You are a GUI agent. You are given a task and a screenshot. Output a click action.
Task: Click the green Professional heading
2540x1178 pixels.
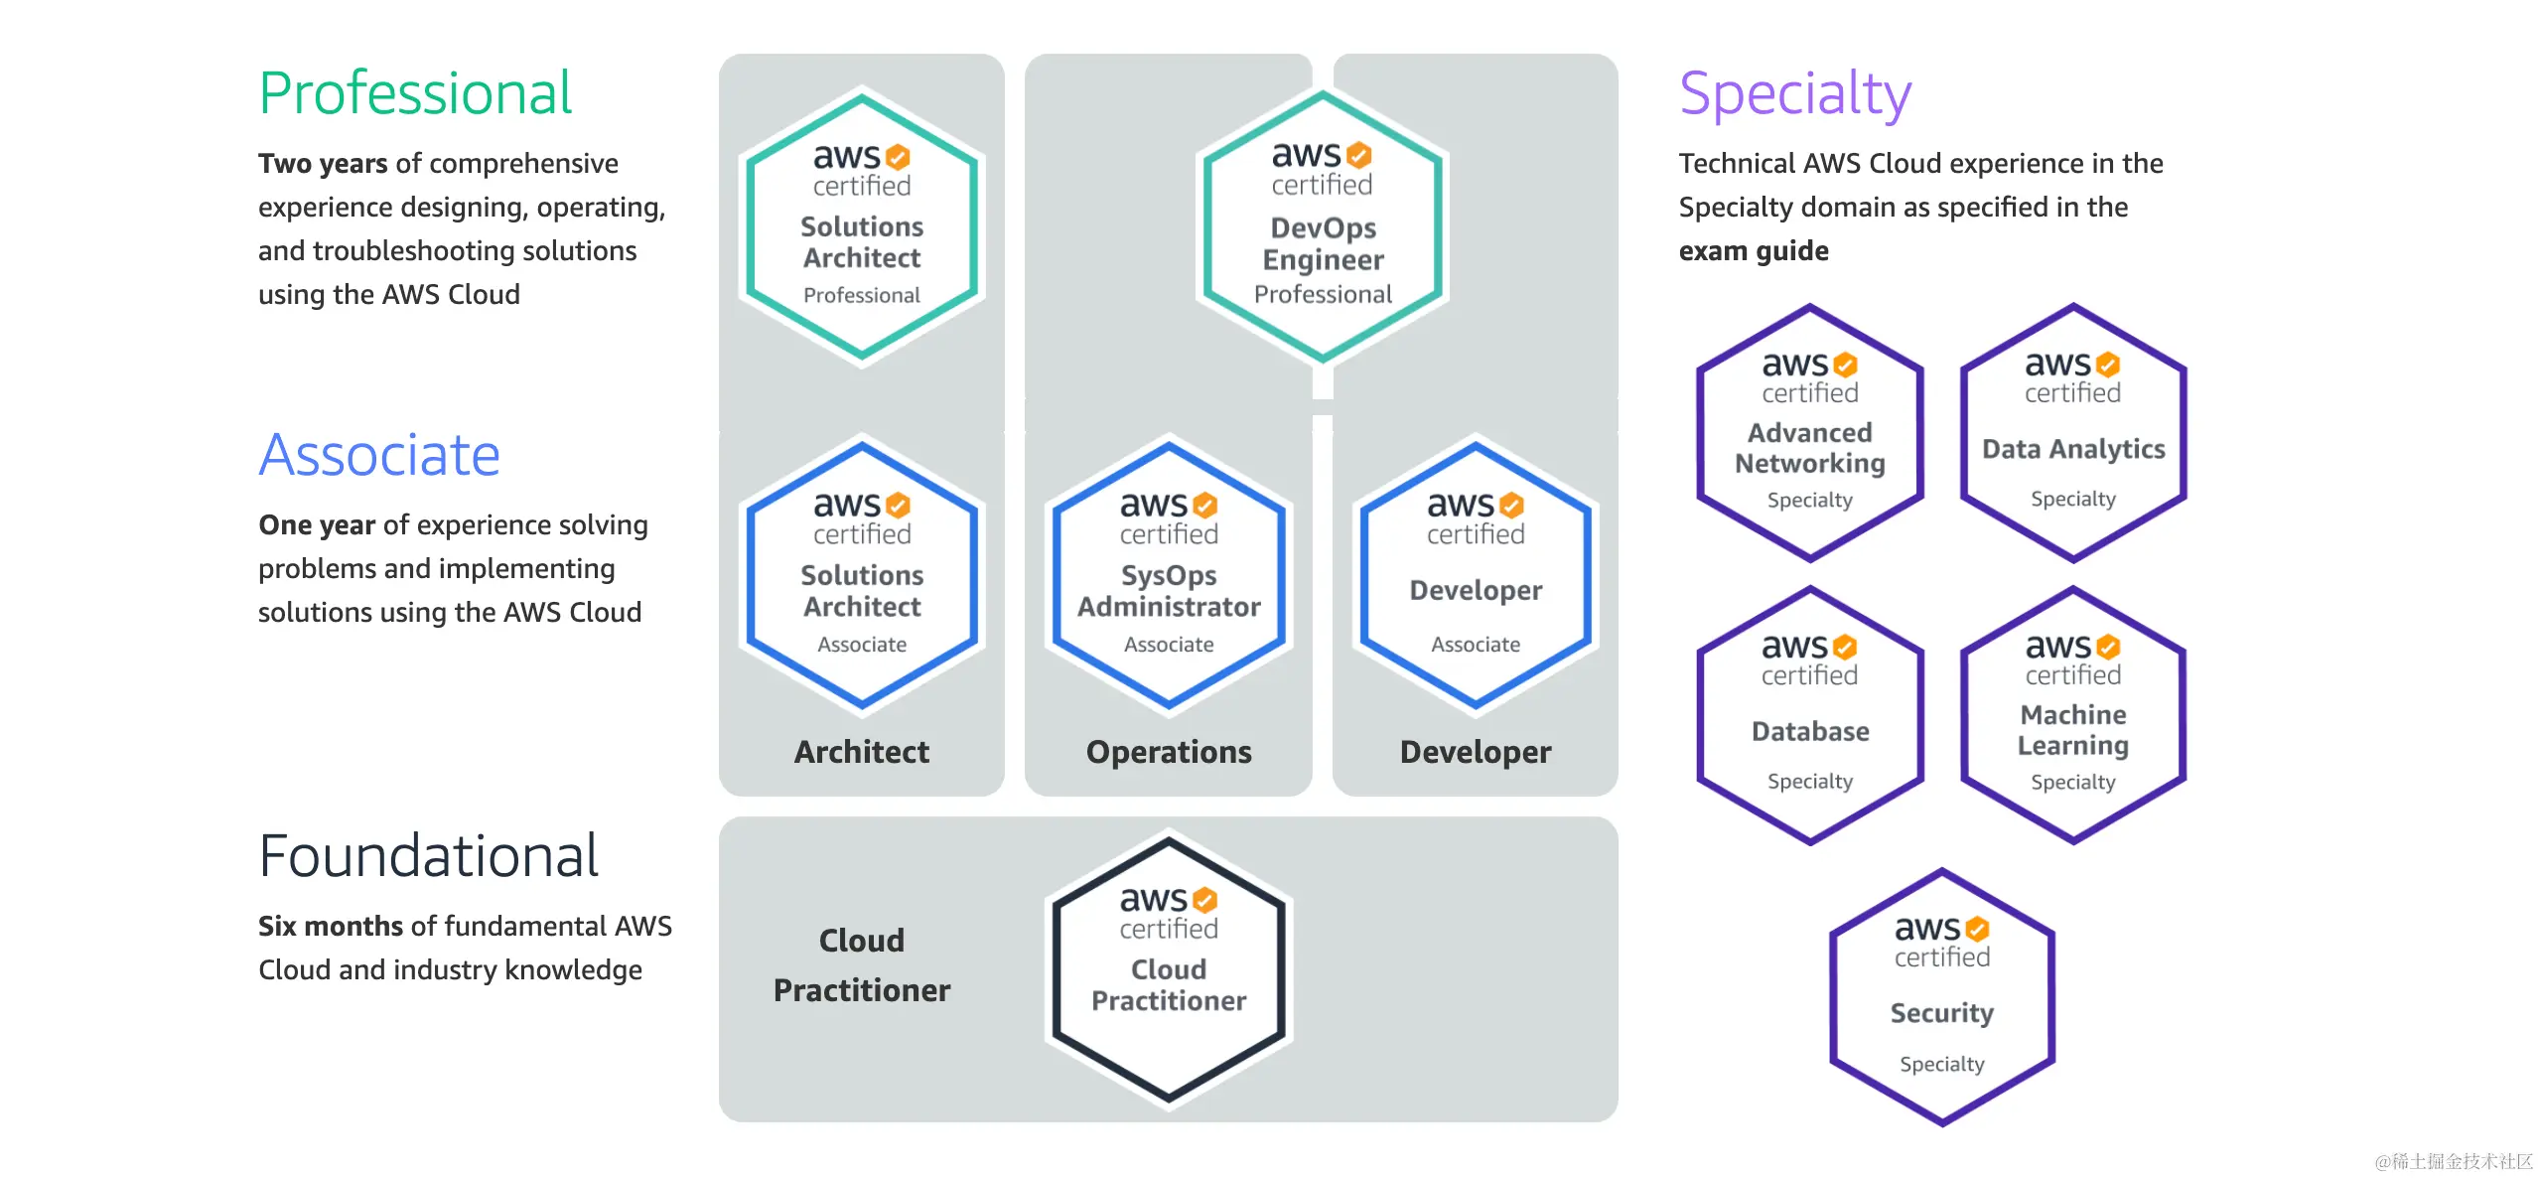pyautogui.click(x=415, y=93)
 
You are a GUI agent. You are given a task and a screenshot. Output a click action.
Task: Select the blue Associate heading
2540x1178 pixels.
pyautogui.click(x=379, y=455)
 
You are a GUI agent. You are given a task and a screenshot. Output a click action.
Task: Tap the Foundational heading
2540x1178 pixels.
pyautogui.click(x=428, y=855)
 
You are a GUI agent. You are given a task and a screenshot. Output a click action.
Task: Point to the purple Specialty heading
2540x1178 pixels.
pyautogui.click(x=1794, y=93)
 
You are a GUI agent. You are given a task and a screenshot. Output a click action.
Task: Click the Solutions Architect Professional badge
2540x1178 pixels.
pyautogui.click(x=862, y=226)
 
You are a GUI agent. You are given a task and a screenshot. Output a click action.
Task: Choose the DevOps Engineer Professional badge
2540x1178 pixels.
pyautogui.click(x=1323, y=226)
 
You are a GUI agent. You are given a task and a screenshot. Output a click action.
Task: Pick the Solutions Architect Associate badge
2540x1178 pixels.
pyautogui.click(x=862, y=575)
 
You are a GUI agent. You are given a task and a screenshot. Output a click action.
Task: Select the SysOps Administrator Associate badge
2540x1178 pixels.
pyautogui.click(x=1169, y=575)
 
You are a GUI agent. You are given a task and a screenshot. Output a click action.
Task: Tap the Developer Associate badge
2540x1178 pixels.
pyautogui.click(x=1476, y=575)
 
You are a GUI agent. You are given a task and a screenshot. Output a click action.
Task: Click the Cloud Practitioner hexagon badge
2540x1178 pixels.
pyautogui.click(x=1169, y=969)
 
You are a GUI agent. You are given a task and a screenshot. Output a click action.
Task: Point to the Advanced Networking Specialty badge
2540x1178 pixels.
pyautogui.click(x=1810, y=433)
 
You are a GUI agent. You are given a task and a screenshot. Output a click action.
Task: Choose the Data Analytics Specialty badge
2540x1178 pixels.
pyautogui.click(x=2073, y=433)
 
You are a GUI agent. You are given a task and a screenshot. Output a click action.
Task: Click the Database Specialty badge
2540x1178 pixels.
pyautogui.click(x=1810, y=715)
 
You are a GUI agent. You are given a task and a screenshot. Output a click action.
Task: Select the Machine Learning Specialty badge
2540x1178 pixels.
pyautogui.click(x=2073, y=715)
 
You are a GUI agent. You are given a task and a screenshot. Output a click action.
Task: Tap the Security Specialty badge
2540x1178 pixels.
pyautogui.click(x=1941, y=997)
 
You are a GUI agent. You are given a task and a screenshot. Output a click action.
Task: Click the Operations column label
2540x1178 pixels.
pyautogui.click(x=1169, y=752)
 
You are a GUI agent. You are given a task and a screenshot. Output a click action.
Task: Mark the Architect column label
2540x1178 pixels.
pyautogui.click(x=862, y=752)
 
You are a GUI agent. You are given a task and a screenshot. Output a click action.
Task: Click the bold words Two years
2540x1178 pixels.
pyautogui.click(x=323, y=163)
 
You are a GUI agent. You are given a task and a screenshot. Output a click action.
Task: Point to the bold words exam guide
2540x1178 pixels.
pyautogui.click(x=1754, y=250)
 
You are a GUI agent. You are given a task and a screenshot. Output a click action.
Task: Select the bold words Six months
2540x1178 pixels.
pyautogui.click(x=331, y=926)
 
